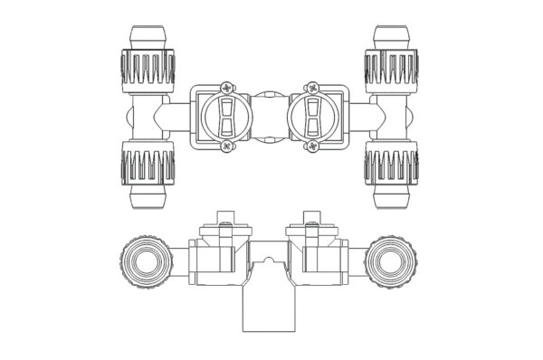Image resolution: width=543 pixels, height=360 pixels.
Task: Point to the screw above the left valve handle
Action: (x=221, y=87)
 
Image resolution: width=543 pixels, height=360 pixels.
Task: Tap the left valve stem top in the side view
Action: (x=225, y=218)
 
